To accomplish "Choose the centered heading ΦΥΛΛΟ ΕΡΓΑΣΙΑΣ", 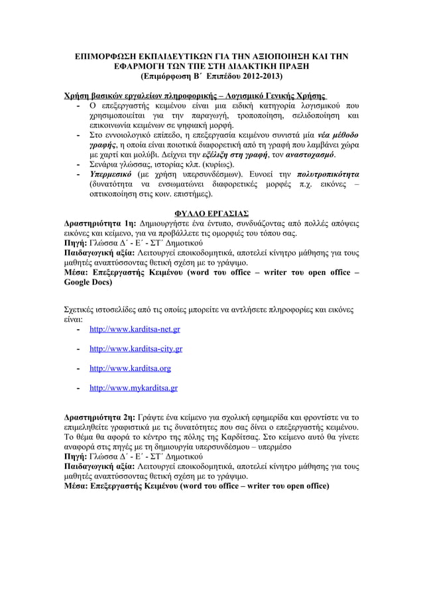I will point(211,214).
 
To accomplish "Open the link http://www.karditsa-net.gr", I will point(135,329).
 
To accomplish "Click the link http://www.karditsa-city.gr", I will point(136,348).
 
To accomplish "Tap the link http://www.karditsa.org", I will point(130,368).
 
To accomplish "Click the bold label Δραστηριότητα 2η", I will point(99,418).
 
